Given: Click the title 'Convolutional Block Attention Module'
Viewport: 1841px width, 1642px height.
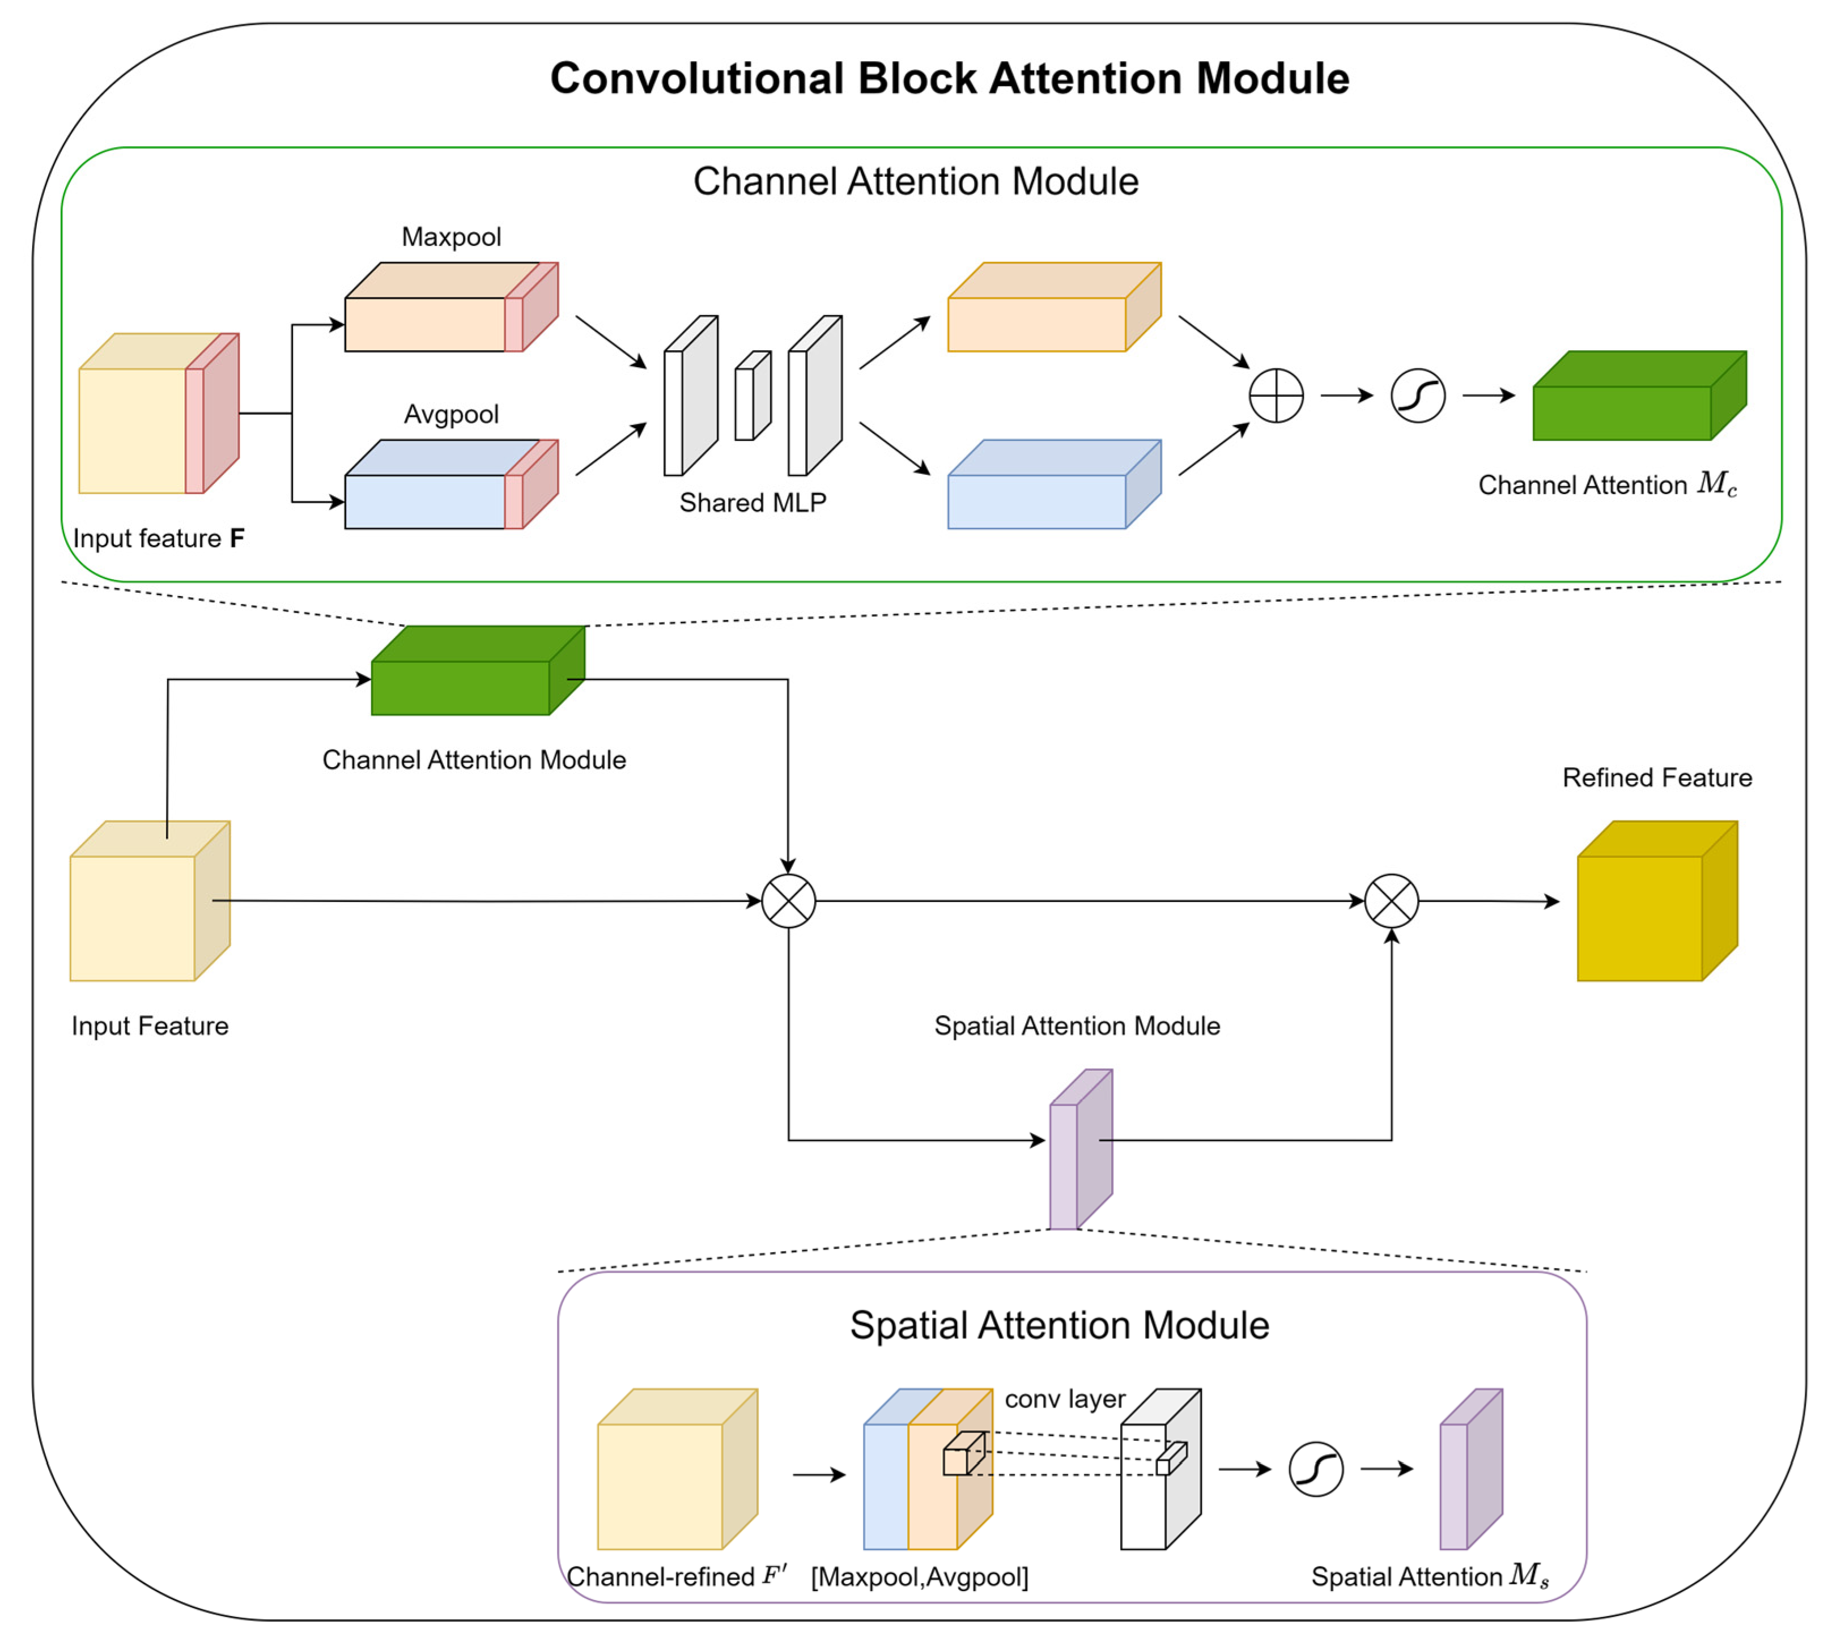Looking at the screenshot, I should [x=949, y=79].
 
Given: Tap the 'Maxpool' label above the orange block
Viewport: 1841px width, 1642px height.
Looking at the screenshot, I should [x=451, y=237].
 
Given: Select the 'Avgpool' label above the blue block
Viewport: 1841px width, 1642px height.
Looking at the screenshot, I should [x=451, y=414].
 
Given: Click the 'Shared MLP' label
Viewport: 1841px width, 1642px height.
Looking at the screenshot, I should [x=752, y=503].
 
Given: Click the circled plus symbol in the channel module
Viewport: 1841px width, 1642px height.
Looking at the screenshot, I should [x=1276, y=395].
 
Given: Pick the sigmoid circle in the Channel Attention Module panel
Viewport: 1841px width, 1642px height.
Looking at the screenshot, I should [x=1418, y=395].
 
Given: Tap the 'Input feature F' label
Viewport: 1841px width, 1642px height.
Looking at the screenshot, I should [x=159, y=539].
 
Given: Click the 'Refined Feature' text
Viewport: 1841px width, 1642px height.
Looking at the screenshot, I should [x=1657, y=778].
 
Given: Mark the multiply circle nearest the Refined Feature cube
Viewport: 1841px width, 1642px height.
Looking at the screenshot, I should [x=1392, y=900].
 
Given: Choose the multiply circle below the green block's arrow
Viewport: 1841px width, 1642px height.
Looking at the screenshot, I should [x=789, y=900].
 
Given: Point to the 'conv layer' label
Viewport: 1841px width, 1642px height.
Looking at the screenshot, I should [x=1065, y=1399].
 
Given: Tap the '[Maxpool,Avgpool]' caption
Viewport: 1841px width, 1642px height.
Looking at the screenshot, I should [x=920, y=1577].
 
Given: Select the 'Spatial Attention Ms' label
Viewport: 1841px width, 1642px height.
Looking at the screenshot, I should [x=1430, y=1576].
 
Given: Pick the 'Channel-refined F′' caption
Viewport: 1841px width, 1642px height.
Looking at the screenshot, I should [x=677, y=1576].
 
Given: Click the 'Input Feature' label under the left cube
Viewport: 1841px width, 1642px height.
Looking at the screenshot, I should [x=150, y=1026].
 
